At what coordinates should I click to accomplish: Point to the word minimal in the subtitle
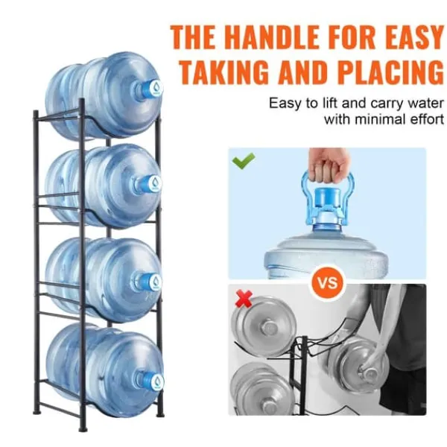click(x=379, y=119)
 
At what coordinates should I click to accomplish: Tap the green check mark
click(x=243, y=160)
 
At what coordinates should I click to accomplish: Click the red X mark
click(x=244, y=299)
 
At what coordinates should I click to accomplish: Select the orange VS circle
click(x=328, y=282)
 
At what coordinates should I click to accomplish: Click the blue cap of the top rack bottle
click(x=151, y=87)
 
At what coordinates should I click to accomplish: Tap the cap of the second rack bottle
click(x=150, y=183)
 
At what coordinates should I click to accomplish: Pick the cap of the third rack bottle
click(x=150, y=282)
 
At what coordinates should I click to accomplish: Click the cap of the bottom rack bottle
click(x=152, y=381)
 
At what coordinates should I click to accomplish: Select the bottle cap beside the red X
click(x=269, y=327)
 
